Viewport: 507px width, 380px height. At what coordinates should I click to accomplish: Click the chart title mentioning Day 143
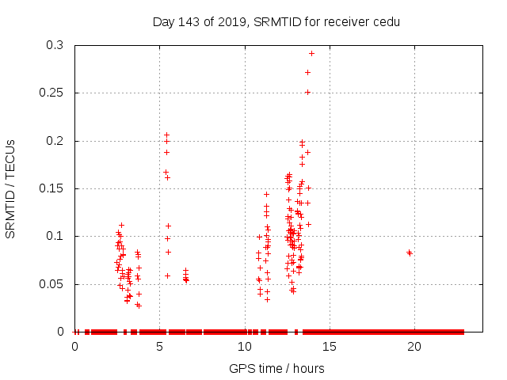tap(276, 21)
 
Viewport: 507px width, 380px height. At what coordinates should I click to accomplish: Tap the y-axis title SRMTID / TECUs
tap(10, 188)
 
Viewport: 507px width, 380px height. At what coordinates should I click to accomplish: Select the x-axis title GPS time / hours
tap(276, 368)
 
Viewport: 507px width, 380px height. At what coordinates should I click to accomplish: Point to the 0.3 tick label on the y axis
tap(55, 46)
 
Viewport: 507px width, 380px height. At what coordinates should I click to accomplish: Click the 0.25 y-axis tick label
tap(52, 93)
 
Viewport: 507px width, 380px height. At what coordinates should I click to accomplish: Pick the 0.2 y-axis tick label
tap(55, 141)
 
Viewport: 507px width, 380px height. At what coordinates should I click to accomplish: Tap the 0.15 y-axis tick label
tap(52, 188)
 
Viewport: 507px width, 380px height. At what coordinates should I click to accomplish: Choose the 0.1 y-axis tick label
tap(55, 236)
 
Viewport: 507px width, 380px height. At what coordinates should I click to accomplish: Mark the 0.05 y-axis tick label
tap(52, 283)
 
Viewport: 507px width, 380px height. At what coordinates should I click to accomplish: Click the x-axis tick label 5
tap(159, 347)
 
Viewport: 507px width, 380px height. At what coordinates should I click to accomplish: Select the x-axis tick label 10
tap(244, 347)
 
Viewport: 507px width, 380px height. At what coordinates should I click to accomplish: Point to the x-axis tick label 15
tap(329, 347)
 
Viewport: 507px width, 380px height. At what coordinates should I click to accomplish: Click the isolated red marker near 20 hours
tap(410, 253)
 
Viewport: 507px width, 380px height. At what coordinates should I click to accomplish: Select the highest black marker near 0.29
tap(311, 54)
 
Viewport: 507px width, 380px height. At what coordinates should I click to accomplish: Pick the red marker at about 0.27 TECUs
tap(307, 73)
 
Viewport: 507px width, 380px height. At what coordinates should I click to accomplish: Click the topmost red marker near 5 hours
tap(166, 135)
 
